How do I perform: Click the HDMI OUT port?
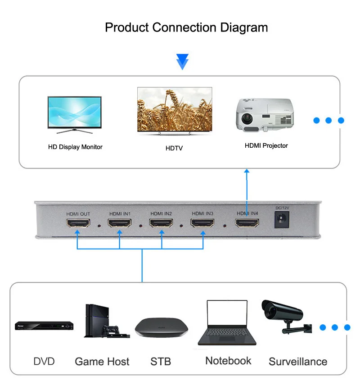pyautogui.click(x=78, y=223)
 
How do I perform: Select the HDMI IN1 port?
pyautogui.click(x=120, y=223)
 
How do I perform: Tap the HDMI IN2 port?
pyautogui.click(x=161, y=223)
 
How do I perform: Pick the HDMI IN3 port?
pyautogui.click(x=202, y=223)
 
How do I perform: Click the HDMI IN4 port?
pyautogui.click(x=247, y=223)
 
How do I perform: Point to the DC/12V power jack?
pyautogui.click(x=282, y=219)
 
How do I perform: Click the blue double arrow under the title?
pyautogui.click(x=182, y=62)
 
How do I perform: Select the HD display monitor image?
pyautogui.click(x=75, y=115)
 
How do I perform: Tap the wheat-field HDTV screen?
pyautogui.click(x=175, y=109)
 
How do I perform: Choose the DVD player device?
pyautogui.click(x=44, y=326)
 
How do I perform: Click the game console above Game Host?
pyautogui.click(x=107, y=321)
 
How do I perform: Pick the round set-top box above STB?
pyautogui.click(x=162, y=327)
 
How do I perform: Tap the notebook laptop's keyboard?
pyautogui.click(x=227, y=332)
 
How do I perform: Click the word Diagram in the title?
pyautogui.click(x=244, y=27)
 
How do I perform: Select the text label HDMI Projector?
pyautogui.click(x=266, y=145)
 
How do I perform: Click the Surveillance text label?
pyautogui.click(x=298, y=362)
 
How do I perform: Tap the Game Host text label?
pyautogui.click(x=102, y=362)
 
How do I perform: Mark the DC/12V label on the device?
pyautogui.click(x=282, y=208)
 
